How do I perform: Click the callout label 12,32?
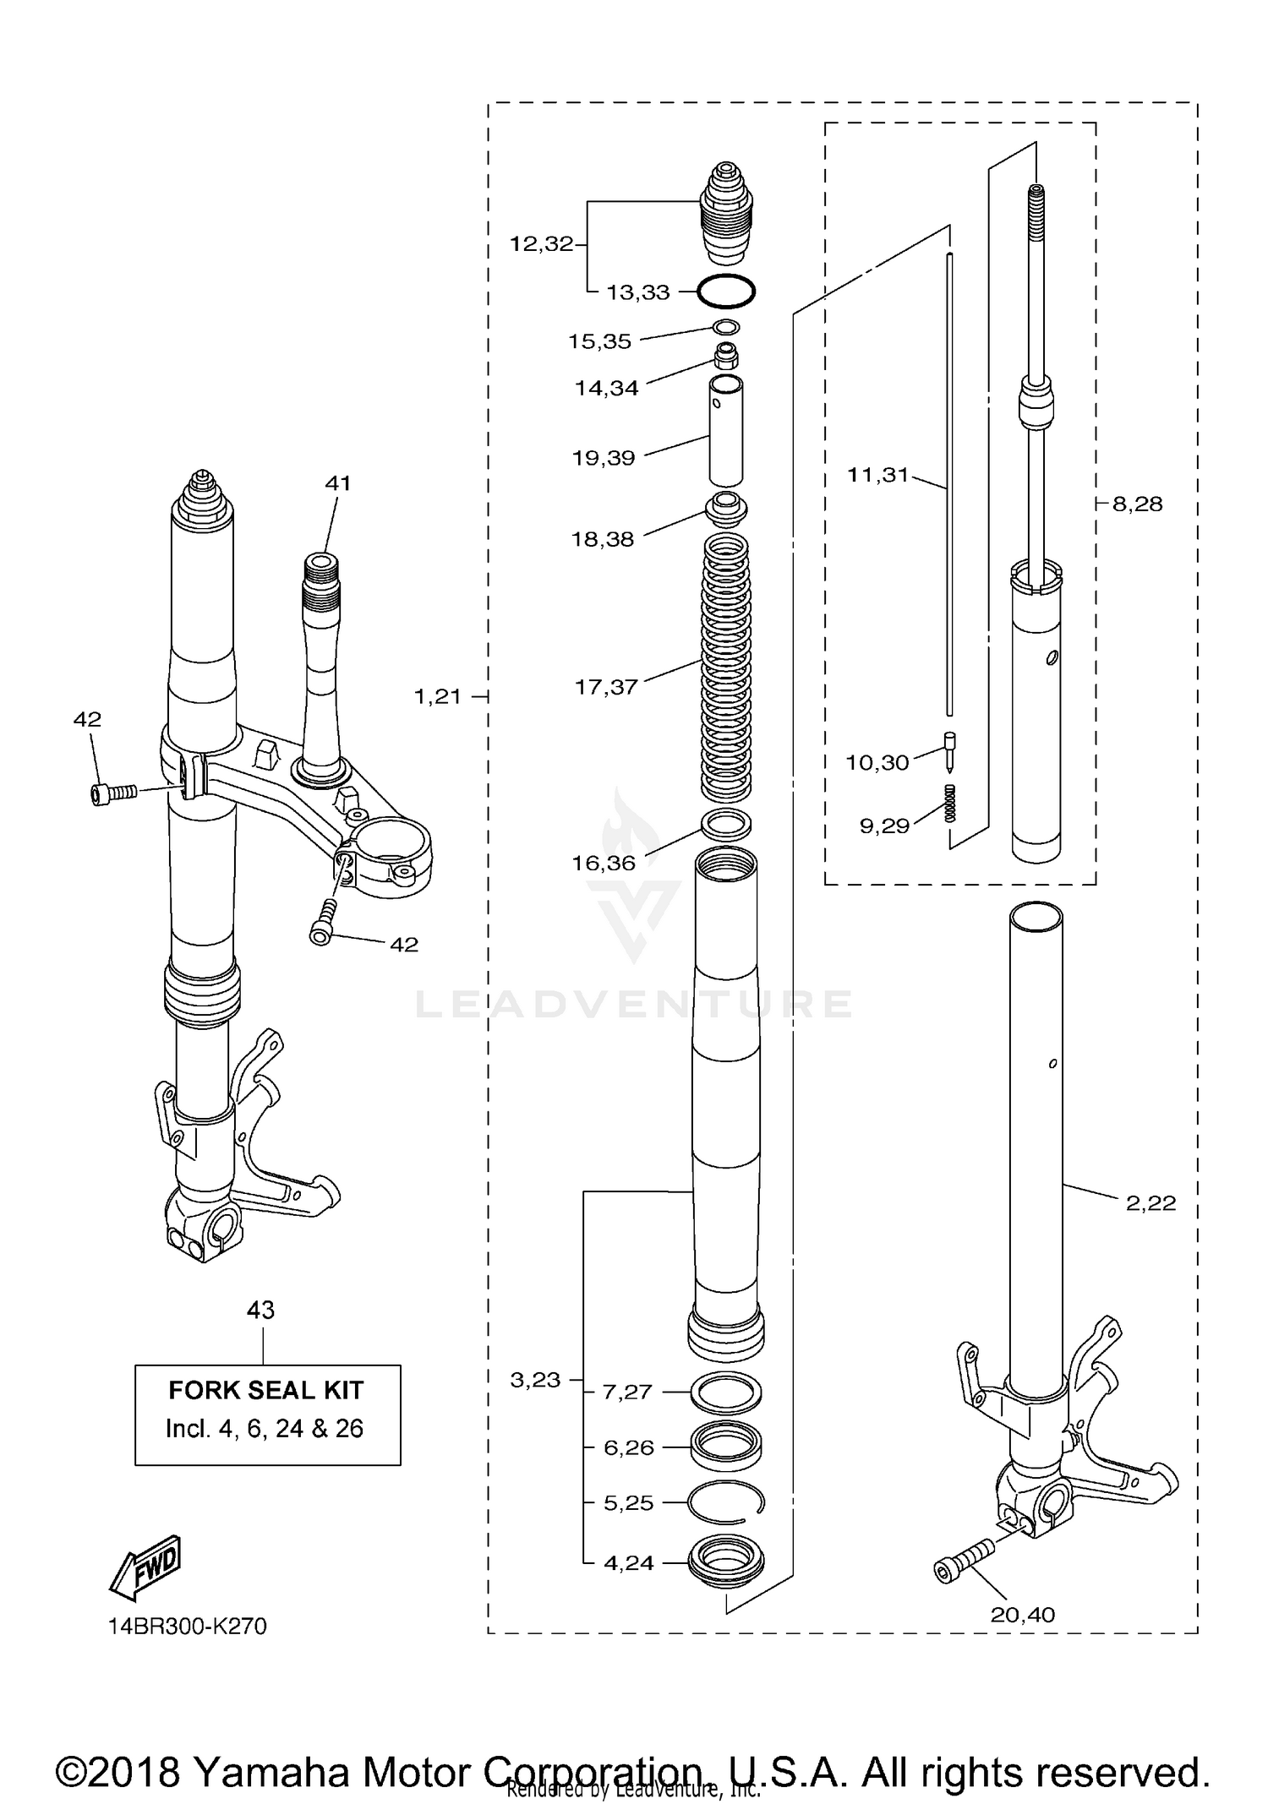pos(541,244)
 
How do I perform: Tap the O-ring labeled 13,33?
pos(725,292)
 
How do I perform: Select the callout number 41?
pos(337,483)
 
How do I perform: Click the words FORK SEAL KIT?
pos(265,1391)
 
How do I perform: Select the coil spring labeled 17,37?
pos(726,668)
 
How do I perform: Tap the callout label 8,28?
pos(1137,504)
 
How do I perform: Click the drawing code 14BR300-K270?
pos(187,1627)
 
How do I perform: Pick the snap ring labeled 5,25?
pos(726,1502)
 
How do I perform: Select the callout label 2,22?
pos(1150,1203)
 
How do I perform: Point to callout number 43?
pos(260,1310)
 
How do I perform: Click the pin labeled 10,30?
pos(949,750)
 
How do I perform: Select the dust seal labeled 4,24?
pos(726,1561)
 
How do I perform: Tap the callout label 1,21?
pos(438,697)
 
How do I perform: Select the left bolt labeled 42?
pos(112,793)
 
